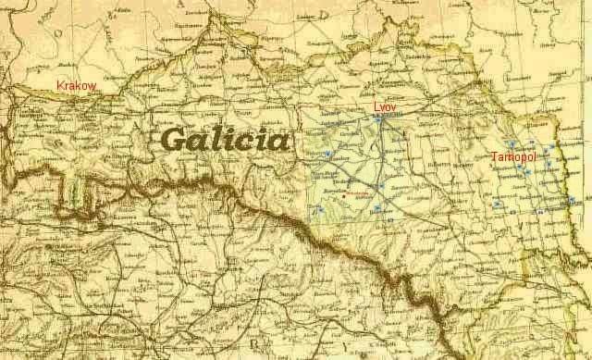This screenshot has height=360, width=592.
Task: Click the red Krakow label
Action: click(77, 85)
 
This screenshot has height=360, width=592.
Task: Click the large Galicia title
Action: click(225, 141)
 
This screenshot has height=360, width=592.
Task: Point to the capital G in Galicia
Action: click(176, 141)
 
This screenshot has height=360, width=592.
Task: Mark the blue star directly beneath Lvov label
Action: click(378, 118)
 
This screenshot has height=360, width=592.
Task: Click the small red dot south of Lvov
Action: click(343, 196)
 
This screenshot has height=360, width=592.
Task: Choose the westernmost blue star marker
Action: click(318, 210)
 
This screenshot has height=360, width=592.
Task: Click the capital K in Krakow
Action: click(60, 85)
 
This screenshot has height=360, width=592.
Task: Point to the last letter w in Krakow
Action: click(92, 85)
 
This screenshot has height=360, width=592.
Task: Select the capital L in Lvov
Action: click(376, 107)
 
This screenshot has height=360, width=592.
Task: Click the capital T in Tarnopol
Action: click(495, 157)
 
